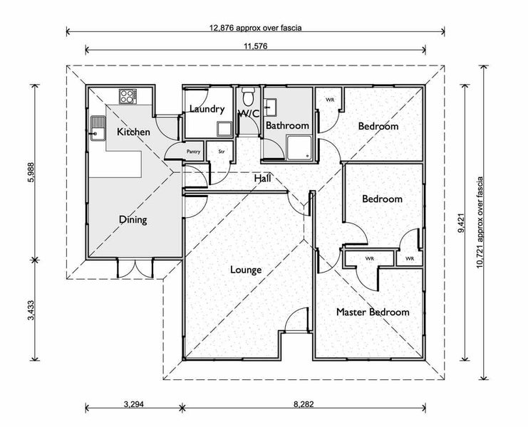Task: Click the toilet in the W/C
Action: tap(249, 96)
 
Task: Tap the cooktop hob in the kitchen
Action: tap(128, 96)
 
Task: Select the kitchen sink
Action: tap(98, 128)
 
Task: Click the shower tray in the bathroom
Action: tap(299, 147)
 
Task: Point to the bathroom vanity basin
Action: tap(270, 107)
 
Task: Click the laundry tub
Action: tap(224, 129)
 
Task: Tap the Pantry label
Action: tap(193, 152)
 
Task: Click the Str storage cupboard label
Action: tap(221, 152)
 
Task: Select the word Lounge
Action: tap(246, 270)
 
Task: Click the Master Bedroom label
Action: tap(373, 312)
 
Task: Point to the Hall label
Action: tap(262, 178)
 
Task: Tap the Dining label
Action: tap(133, 220)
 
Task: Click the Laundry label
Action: tap(207, 109)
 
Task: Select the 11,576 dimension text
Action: tap(256, 46)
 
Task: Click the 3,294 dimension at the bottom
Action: tap(134, 404)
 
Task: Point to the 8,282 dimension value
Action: tap(304, 404)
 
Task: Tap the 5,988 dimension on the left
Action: tap(31, 172)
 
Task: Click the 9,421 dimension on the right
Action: tap(461, 223)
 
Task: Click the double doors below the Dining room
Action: tap(135, 268)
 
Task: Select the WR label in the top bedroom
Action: tap(330, 100)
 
